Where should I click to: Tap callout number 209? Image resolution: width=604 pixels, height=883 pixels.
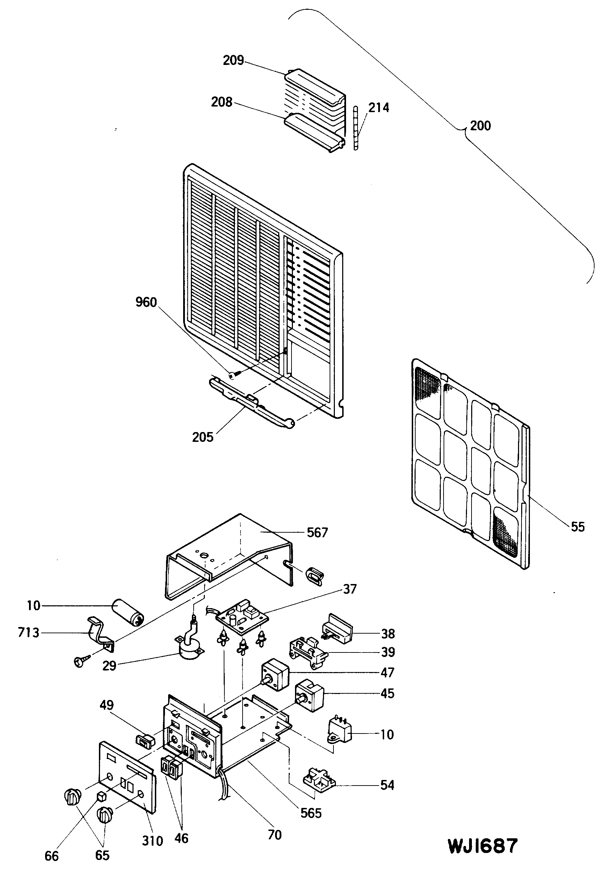click(x=233, y=60)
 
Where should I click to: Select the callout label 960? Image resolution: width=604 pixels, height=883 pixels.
click(x=146, y=302)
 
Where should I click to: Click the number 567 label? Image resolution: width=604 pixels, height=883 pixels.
click(x=317, y=532)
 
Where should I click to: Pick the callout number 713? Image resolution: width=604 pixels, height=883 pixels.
click(x=29, y=632)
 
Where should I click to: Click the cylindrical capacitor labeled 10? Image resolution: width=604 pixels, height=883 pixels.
click(x=127, y=612)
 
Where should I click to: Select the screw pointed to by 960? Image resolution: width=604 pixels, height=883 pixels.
click(x=233, y=375)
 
